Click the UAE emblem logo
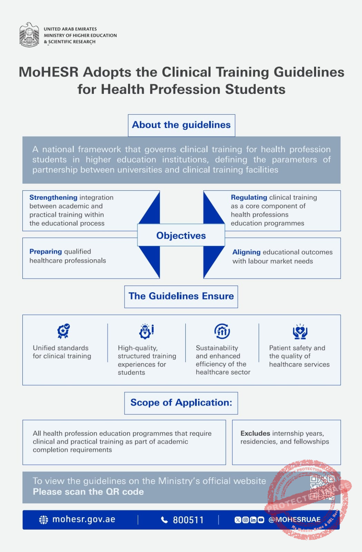[29, 35]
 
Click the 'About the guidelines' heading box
[181, 125]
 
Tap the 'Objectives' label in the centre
[181, 235]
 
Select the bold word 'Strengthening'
[53, 197]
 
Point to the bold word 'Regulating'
[249, 197]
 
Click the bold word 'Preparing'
[46, 252]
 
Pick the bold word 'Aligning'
[246, 252]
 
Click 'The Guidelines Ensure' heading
[181, 296]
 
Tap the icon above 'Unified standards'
[63, 331]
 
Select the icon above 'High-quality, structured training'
[146, 331]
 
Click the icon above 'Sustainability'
[222, 331]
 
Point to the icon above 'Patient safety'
[300, 331]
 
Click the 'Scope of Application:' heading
[181, 403]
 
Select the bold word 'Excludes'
[255, 433]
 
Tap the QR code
[322, 487]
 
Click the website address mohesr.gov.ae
[84, 520]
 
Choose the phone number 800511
[188, 520]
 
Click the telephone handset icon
[165, 520]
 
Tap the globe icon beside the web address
[43, 520]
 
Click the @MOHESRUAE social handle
[294, 520]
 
